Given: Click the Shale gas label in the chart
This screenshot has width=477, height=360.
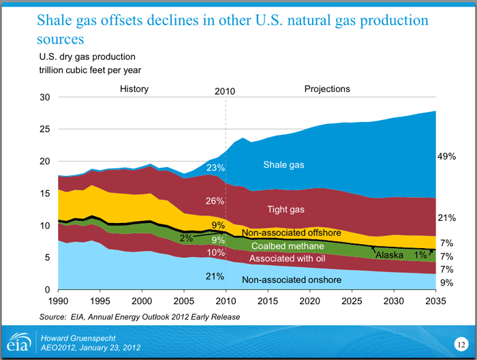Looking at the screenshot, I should point(283,165).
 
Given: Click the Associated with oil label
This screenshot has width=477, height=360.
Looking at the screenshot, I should point(288,259).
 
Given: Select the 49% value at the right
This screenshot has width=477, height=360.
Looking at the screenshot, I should point(447,157).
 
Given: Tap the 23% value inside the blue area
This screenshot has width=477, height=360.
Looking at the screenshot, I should point(216,167).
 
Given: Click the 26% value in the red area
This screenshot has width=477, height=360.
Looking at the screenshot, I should point(215,201).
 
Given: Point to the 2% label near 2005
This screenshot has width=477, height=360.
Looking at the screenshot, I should point(186,239).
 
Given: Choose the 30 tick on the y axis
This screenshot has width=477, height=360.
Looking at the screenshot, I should point(46,97).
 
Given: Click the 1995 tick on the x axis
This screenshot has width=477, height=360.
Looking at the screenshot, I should point(100,301).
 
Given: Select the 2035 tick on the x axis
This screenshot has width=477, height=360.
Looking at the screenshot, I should point(434,301).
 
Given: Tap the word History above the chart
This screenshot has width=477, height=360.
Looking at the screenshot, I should point(134,89).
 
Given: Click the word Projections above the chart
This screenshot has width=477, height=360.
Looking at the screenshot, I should point(327,89).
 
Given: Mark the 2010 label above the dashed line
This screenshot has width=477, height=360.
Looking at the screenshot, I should point(226,90).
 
